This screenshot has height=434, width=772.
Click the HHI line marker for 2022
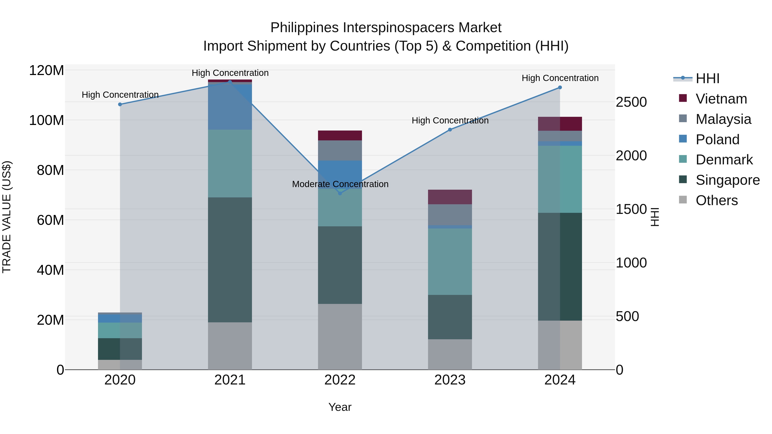(x=340, y=193)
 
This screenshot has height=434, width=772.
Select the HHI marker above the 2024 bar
(x=560, y=87)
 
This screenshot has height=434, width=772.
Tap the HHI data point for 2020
(x=120, y=104)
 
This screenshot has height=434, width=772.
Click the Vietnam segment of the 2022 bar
(x=340, y=135)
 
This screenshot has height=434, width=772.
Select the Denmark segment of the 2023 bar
(x=450, y=261)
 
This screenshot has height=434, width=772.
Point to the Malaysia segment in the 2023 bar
(x=450, y=215)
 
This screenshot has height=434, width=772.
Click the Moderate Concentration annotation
(x=340, y=184)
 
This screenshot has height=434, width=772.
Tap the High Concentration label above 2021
(x=230, y=73)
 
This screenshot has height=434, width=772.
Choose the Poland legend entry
(x=717, y=140)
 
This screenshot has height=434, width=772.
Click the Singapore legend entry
(x=727, y=180)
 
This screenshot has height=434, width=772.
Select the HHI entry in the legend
(x=707, y=78)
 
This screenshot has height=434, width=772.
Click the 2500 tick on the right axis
(x=631, y=102)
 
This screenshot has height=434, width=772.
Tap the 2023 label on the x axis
(x=450, y=380)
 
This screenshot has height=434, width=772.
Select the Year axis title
(x=340, y=407)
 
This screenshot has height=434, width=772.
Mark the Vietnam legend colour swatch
(x=683, y=98)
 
